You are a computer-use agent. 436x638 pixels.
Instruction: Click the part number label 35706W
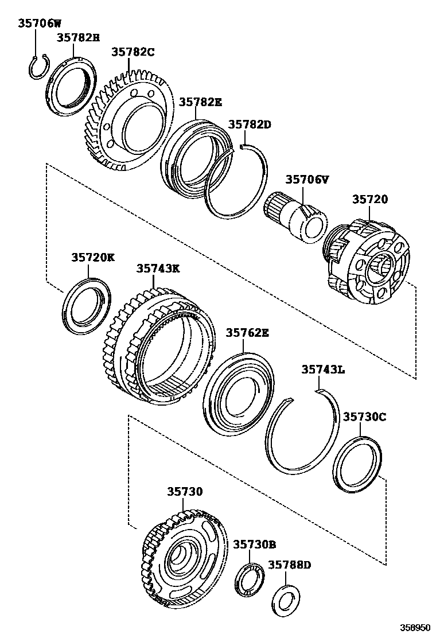tap(39, 24)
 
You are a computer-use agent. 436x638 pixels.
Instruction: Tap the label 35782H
tap(78, 38)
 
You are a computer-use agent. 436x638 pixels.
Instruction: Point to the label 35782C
tap(133, 52)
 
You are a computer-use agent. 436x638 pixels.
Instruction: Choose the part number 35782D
tap(250, 125)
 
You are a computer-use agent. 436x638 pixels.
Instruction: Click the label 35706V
tap(307, 180)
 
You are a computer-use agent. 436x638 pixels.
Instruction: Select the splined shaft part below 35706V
tap(295, 217)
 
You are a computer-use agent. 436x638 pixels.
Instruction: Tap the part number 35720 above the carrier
tap(370, 199)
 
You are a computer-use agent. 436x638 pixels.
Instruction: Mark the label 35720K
tap(93, 258)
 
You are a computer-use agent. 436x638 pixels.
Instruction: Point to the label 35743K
tap(158, 268)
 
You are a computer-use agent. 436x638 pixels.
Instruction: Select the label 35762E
tap(247, 333)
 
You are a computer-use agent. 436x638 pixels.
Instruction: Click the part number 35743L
tap(323, 370)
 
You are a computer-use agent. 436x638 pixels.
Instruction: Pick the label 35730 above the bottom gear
tap(185, 492)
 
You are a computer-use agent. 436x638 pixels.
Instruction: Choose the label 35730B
tap(255, 544)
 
